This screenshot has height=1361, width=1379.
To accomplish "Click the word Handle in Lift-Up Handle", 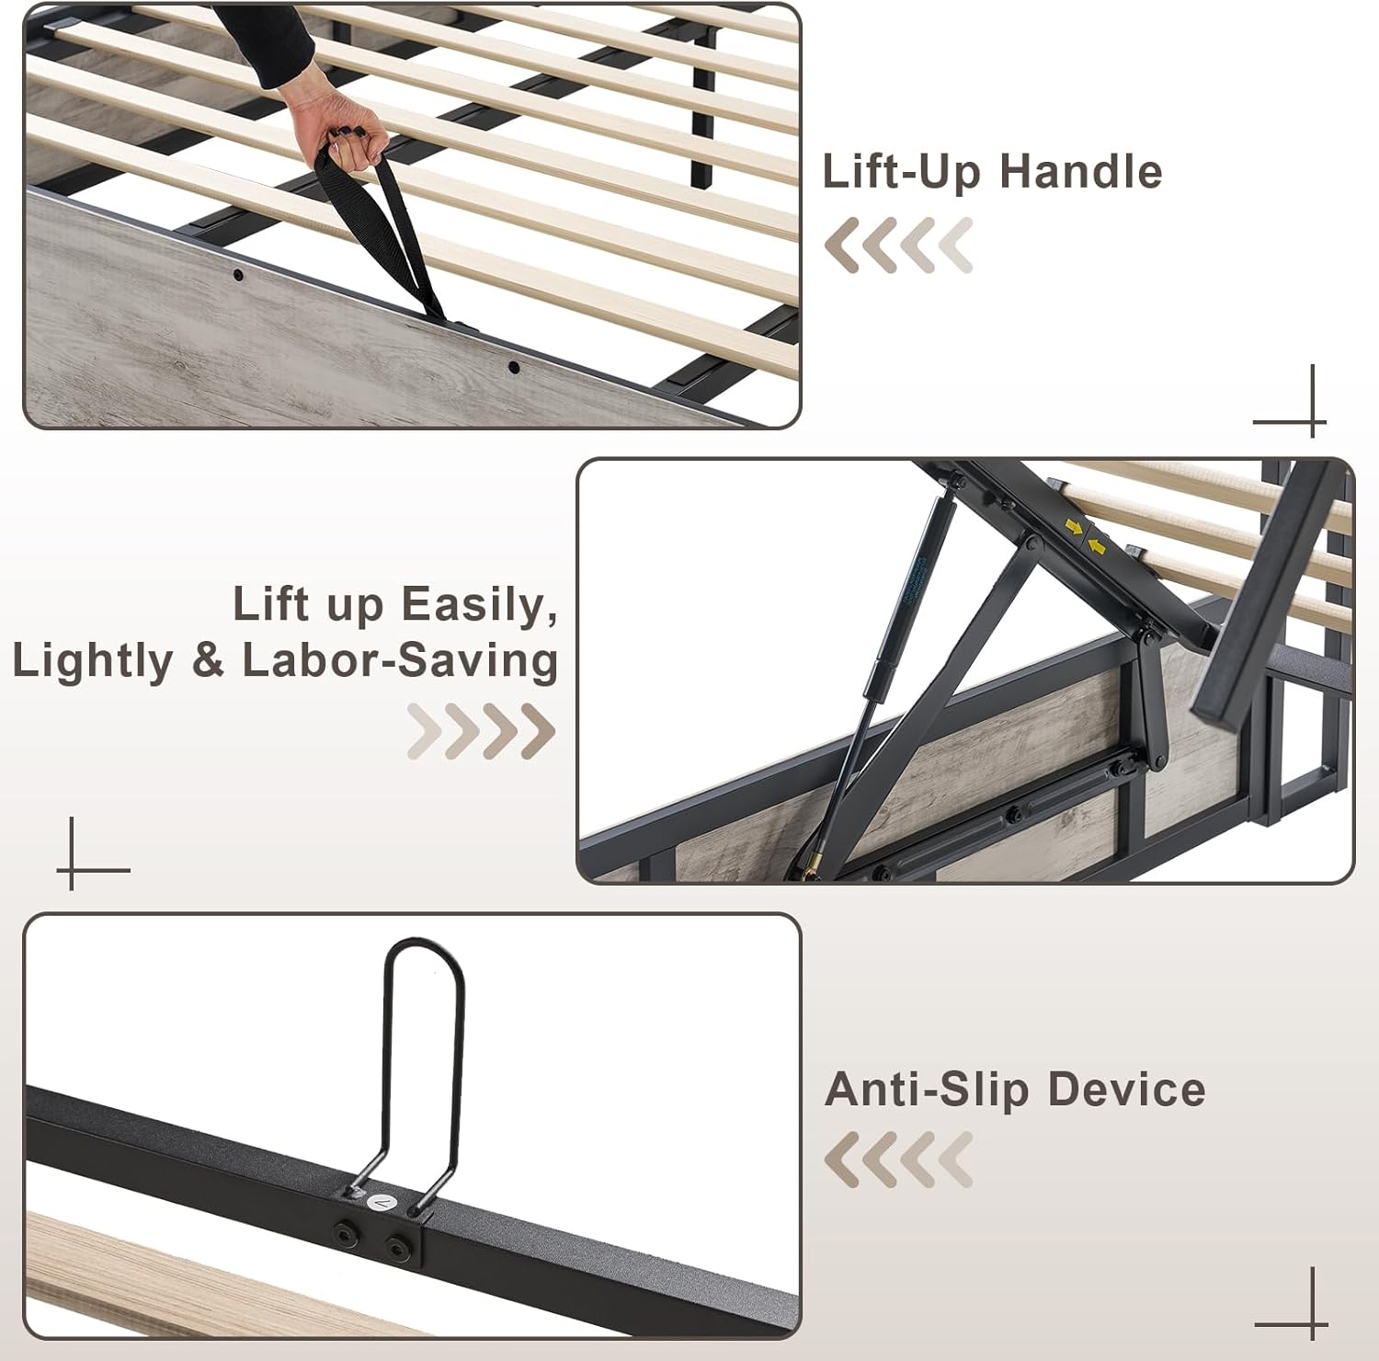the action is (x=1081, y=172).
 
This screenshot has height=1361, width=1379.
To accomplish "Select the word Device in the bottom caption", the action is (x=1126, y=1090).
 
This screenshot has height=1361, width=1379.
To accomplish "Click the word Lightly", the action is (x=93, y=662).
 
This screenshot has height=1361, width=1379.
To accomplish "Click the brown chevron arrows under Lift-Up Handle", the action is (x=897, y=246).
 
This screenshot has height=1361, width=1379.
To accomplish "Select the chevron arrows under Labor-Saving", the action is (x=481, y=731).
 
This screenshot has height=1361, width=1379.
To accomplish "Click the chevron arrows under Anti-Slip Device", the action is (x=897, y=1160).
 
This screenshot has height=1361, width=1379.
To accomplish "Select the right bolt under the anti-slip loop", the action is (x=399, y=1247).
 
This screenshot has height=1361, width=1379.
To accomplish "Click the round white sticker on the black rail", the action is (x=380, y=1202).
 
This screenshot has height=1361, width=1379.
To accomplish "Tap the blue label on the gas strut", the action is (x=911, y=594).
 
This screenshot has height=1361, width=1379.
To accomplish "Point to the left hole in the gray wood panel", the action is (x=238, y=275).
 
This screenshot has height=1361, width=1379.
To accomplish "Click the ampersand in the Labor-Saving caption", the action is (x=209, y=661).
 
